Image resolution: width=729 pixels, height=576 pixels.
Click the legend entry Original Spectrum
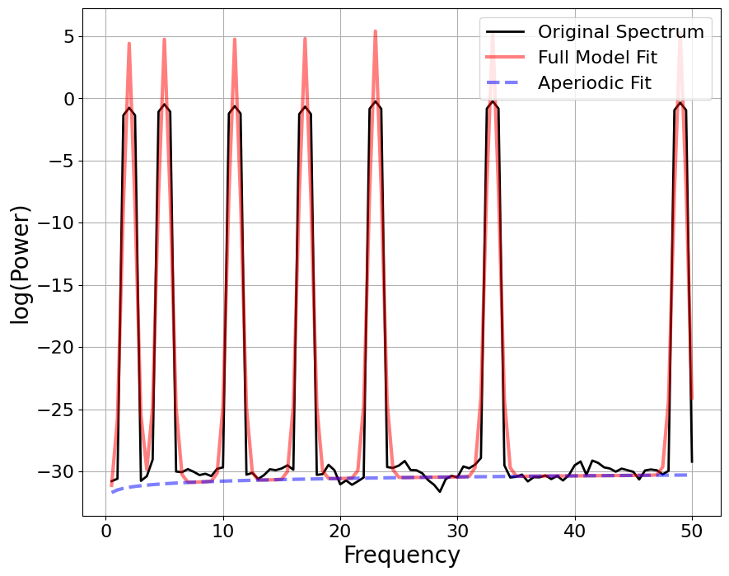tap(620, 32)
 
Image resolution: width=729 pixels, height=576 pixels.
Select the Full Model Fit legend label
tap(597, 58)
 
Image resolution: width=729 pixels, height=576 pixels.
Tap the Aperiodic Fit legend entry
tap(594, 82)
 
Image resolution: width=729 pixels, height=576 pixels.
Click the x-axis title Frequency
tap(402, 555)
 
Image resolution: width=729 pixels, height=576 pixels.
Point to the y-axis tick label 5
tap(68, 37)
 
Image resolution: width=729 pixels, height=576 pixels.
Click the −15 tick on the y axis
tap(57, 286)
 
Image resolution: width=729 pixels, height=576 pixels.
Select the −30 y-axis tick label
tap(57, 472)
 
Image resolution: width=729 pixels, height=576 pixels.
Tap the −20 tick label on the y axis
tap(57, 348)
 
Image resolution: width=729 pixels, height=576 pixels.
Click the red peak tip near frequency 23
tap(375, 31)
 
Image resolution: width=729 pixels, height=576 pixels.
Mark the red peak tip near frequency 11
tap(235, 39)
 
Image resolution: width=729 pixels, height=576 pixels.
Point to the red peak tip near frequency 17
tap(305, 38)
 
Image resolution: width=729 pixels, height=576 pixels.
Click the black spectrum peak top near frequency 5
tap(164, 105)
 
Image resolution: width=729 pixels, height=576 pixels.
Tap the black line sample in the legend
tap(504, 32)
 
